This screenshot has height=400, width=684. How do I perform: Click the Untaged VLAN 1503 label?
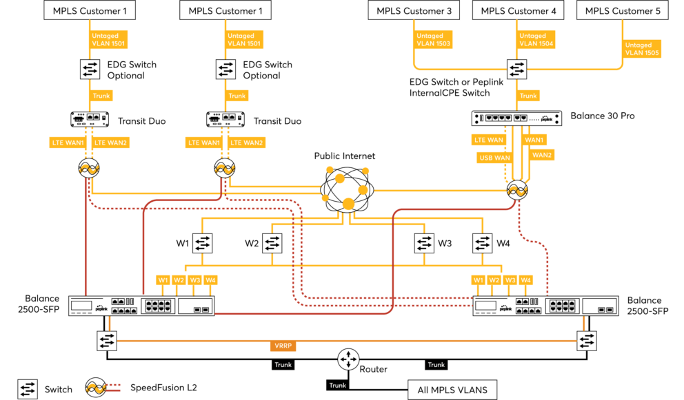point(434,40)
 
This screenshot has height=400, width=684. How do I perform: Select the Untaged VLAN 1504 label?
point(536,40)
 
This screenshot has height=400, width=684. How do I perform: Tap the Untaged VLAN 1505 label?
point(642,49)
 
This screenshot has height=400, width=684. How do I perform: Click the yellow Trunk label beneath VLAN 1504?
point(528,96)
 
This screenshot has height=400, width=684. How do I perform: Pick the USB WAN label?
point(494,158)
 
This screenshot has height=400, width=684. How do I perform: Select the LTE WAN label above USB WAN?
point(489,140)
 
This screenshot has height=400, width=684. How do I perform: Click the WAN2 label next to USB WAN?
point(542,155)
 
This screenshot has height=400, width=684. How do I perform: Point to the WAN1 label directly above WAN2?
point(534,140)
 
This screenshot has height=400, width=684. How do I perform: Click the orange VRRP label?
point(283,346)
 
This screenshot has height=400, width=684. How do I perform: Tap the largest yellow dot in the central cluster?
point(348,204)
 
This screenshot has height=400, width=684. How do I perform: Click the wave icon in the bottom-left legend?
point(95,388)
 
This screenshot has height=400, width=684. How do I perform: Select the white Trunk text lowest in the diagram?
point(337,386)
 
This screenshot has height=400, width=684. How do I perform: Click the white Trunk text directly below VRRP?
point(283,365)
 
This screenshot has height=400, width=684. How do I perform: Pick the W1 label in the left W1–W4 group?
point(163,280)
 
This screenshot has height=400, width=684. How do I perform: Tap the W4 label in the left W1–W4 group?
point(210,280)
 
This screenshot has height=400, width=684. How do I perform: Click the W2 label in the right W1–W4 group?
point(494,280)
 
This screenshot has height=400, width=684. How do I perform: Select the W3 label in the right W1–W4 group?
point(510,280)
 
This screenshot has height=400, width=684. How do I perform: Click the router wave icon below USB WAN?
point(516,191)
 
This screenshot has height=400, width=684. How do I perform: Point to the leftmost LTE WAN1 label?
point(68,143)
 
